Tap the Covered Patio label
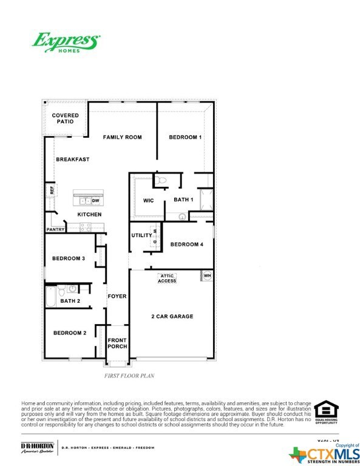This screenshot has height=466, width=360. point(65,118)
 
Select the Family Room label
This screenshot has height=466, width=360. point(122,138)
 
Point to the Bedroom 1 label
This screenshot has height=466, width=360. point(185,138)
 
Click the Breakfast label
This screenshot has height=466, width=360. point(73,160)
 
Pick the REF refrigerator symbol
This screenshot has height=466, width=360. point(52,190)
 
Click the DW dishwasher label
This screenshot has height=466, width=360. point(96,200)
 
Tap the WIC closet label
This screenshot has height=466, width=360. point(149,200)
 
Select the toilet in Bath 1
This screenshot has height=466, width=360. point(161,180)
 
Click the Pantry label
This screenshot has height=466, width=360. point(55,230)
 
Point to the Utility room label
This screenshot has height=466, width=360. point(141,235)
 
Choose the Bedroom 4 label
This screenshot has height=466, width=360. point(186,245)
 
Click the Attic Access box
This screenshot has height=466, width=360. point(167,279)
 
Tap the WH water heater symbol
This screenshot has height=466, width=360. point(207,276)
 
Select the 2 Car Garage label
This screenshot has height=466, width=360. point(172,317)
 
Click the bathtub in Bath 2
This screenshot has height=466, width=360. point(51,297)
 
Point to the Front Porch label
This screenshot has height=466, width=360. point(117,343)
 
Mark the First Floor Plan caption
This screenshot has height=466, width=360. point(130,376)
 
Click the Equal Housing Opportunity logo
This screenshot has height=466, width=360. point(327,411)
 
